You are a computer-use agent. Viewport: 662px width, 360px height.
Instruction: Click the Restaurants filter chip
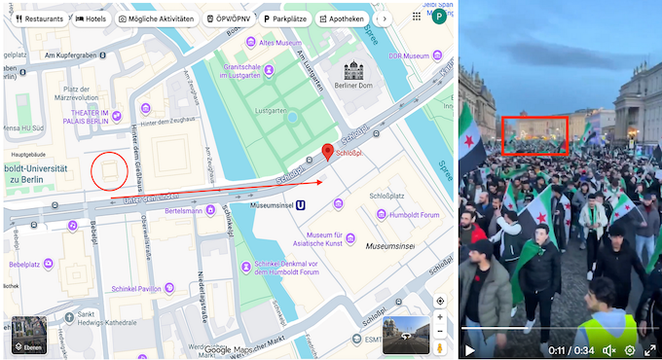(38, 18)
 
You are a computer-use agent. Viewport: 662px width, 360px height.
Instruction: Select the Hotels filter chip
(92, 18)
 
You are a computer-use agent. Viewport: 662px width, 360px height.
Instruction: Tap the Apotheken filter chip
(342, 18)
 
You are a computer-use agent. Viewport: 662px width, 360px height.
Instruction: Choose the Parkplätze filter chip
(284, 18)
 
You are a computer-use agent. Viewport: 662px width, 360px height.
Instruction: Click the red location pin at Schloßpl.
(328, 153)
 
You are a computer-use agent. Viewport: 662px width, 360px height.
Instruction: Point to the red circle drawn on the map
(109, 171)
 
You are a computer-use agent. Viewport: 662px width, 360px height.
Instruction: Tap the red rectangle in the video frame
(533, 135)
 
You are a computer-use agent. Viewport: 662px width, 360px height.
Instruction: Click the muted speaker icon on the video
(609, 349)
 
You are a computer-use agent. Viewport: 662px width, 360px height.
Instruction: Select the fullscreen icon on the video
(649, 349)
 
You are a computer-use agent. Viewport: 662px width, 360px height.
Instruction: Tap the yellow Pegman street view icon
(439, 345)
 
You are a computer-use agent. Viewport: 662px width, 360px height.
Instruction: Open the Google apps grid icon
(417, 17)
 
